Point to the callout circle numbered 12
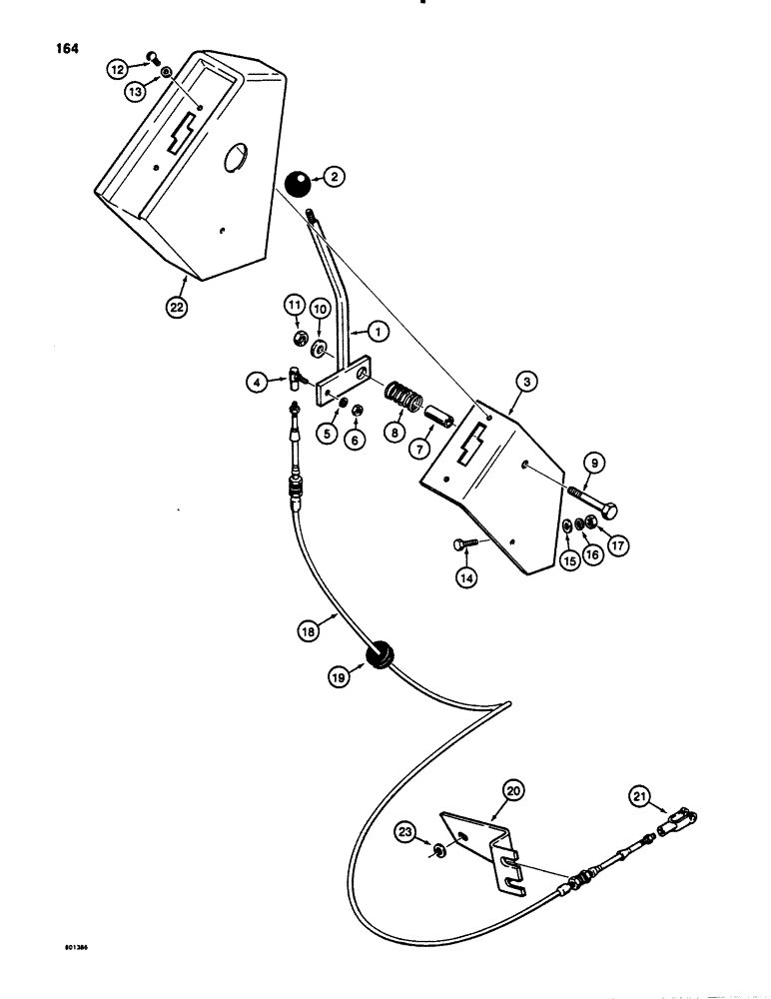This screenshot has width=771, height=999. [117, 67]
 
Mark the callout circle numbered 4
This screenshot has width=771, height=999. [258, 380]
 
